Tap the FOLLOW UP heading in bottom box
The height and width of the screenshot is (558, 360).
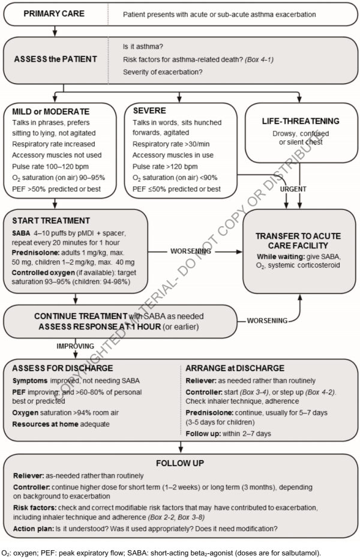[x=179, y=464]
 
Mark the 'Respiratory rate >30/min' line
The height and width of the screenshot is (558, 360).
[x=167, y=144]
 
